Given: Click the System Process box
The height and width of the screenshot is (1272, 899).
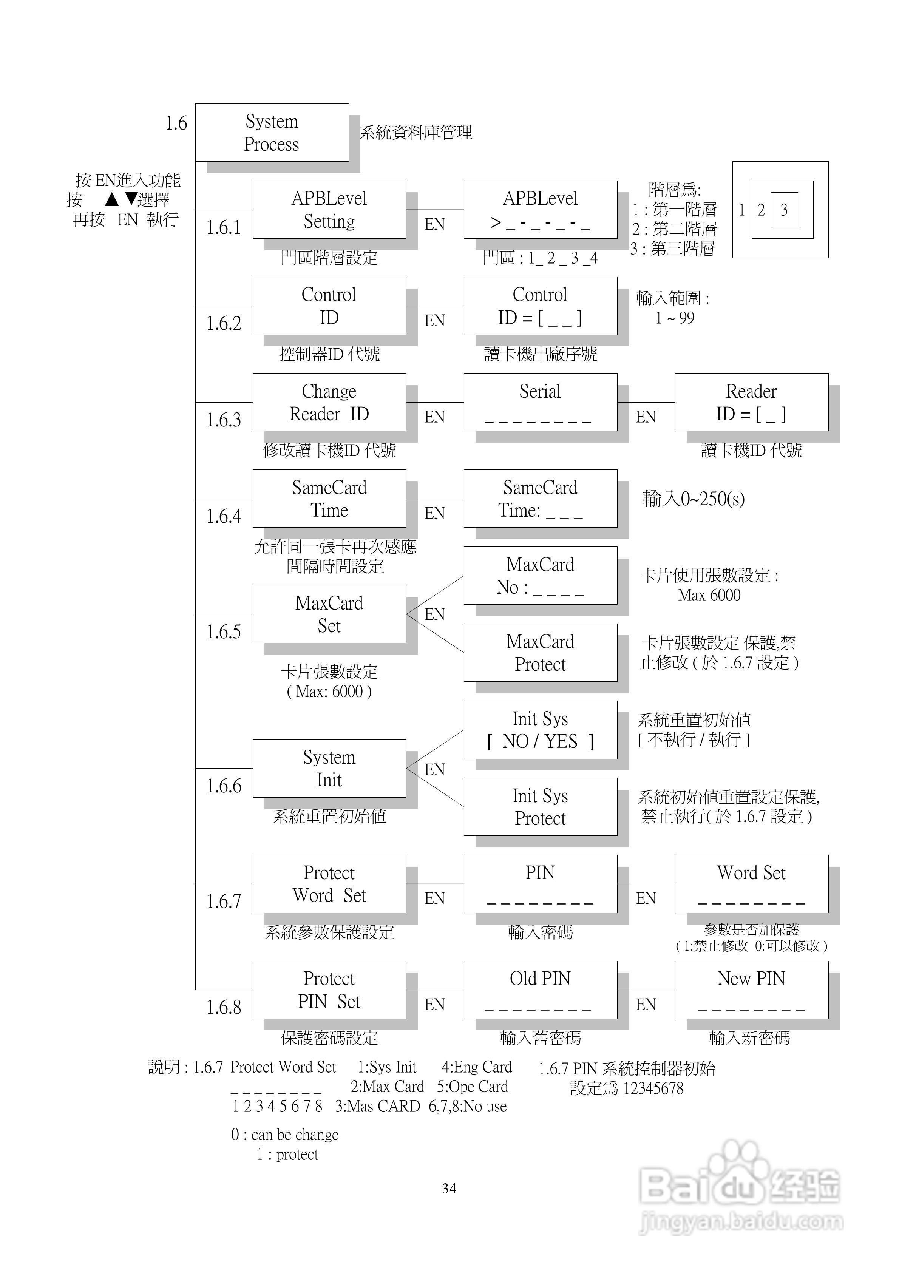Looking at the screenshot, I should tap(272, 133).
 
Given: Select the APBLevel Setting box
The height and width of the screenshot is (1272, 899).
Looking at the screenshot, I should tap(329, 209).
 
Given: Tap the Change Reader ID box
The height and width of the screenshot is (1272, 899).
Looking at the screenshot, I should tap(329, 402).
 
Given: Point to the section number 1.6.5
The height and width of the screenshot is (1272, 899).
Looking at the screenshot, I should tap(224, 631).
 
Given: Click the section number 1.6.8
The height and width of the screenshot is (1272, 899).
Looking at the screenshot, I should tap(224, 1006).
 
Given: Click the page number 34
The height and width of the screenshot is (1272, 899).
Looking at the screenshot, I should tap(449, 1188).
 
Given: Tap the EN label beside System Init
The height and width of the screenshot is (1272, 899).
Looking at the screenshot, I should tap(434, 770).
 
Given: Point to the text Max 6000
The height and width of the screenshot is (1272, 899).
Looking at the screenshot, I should tap(709, 595).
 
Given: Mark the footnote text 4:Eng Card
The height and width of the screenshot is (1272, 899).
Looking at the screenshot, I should tap(477, 1067).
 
